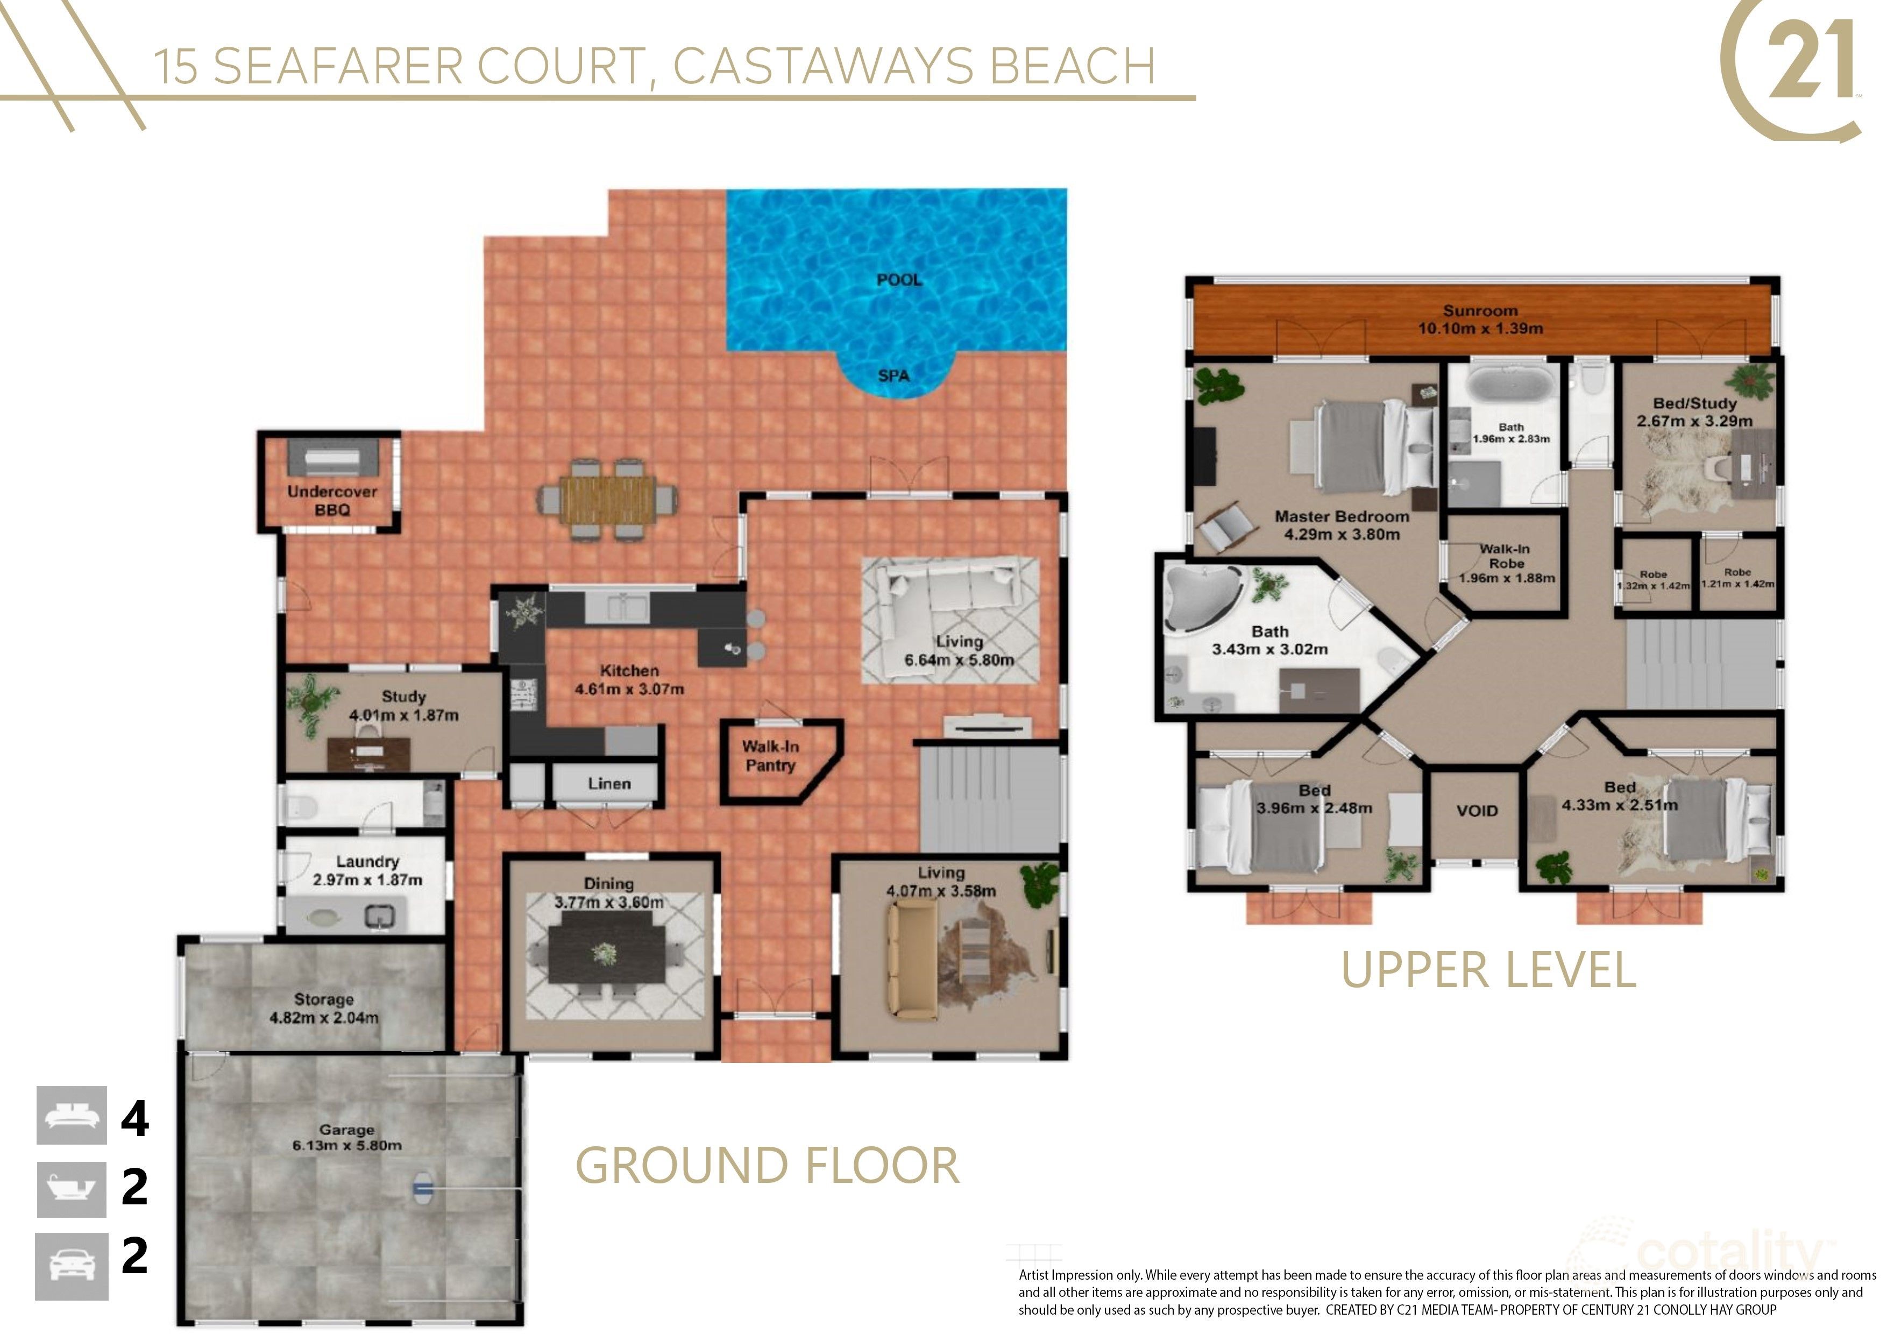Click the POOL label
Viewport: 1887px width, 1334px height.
[x=898, y=280]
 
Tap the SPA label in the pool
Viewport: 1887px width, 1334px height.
[x=893, y=375]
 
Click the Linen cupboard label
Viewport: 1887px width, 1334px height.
[x=609, y=783]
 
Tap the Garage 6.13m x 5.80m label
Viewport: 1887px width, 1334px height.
[x=347, y=1138]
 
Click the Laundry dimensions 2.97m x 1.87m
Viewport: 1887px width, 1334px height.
[x=367, y=879]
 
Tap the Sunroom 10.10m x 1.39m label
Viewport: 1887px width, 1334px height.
[x=1480, y=320]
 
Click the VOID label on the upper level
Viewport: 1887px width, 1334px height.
[x=1477, y=811]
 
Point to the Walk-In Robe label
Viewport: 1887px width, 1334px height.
[x=1506, y=563]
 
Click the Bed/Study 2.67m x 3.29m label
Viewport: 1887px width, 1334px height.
[x=1694, y=412]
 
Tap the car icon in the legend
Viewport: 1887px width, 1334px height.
[x=72, y=1266]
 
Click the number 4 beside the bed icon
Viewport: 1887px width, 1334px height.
[x=135, y=1119]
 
